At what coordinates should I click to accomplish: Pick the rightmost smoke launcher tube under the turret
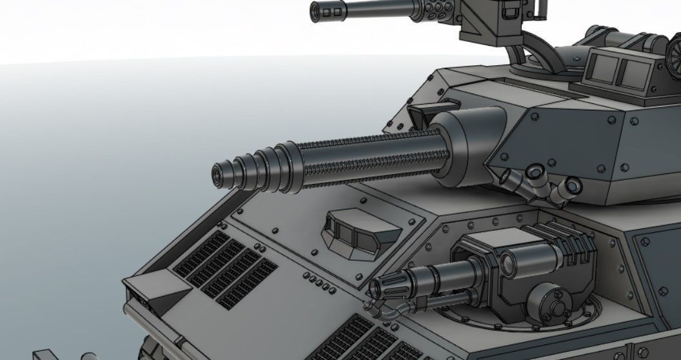tap(571, 188)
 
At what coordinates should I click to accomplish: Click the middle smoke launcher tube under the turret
tap(535, 172)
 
